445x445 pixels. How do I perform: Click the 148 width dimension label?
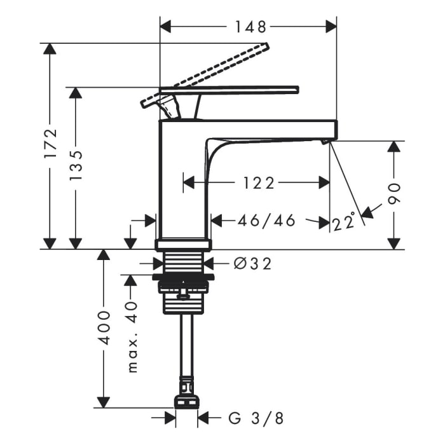click(250, 27)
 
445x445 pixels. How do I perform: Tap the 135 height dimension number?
click(76, 165)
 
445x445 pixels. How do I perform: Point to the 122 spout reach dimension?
click(259, 183)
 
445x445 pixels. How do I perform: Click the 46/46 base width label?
click(266, 221)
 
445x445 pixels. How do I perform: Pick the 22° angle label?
click(344, 221)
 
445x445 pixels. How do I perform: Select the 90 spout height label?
click(394, 194)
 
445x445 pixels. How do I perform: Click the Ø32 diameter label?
click(252, 264)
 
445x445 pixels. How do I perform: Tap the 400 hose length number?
click(104, 328)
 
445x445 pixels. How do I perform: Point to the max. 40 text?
click(132, 337)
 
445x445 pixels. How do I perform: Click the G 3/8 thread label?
click(256, 418)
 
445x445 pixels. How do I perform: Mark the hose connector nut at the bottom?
click(187, 401)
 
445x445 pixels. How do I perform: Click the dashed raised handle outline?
click(204, 76)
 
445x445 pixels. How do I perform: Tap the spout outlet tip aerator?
click(324, 141)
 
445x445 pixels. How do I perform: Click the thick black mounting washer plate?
click(183, 277)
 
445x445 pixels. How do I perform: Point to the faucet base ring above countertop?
click(183, 245)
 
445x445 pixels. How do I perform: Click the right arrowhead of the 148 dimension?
click(331, 27)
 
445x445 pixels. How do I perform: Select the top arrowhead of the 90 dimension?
click(394, 146)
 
